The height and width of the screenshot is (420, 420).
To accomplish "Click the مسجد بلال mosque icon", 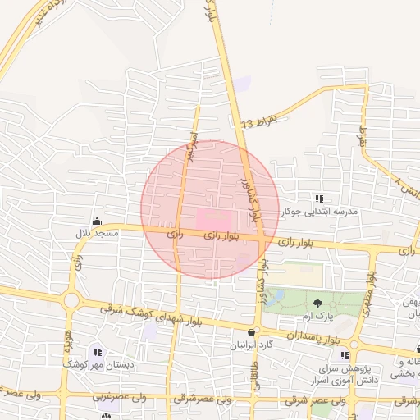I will click(98, 221).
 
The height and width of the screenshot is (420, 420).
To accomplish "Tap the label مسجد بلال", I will click(98, 234).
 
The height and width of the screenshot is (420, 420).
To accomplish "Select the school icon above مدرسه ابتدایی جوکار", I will click(319, 199).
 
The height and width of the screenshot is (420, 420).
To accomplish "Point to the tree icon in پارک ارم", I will click(317, 304).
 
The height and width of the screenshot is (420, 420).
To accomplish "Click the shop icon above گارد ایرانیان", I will click(250, 333).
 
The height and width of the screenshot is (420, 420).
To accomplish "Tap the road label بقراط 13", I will click(260, 122).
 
